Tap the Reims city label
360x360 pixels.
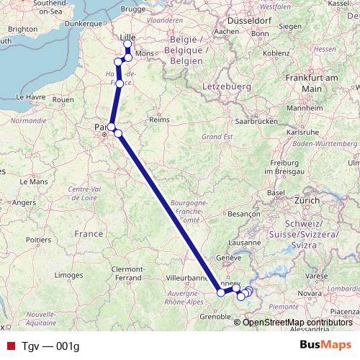[x=158, y=119]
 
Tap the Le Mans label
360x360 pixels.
[x=33, y=182]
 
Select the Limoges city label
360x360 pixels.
[x=69, y=275]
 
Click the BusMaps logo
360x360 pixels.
[x=327, y=345]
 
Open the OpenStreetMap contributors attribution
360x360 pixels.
[x=297, y=322]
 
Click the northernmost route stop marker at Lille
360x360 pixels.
[x=128, y=45]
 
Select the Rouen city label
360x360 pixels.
[x=63, y=100]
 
